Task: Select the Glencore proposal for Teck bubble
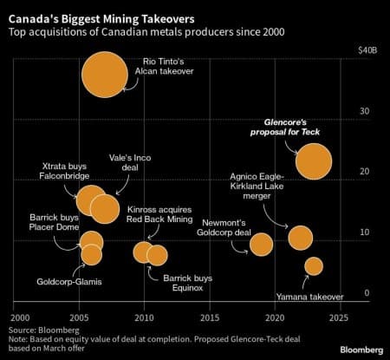tap(313, 160)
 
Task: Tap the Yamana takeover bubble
tap(313, 265)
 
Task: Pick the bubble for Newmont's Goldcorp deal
tap(261, 244)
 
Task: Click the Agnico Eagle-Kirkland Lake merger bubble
tap(300, 237)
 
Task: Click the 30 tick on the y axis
tap(366, 111)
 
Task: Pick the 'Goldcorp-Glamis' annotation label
tap(67, 281)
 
